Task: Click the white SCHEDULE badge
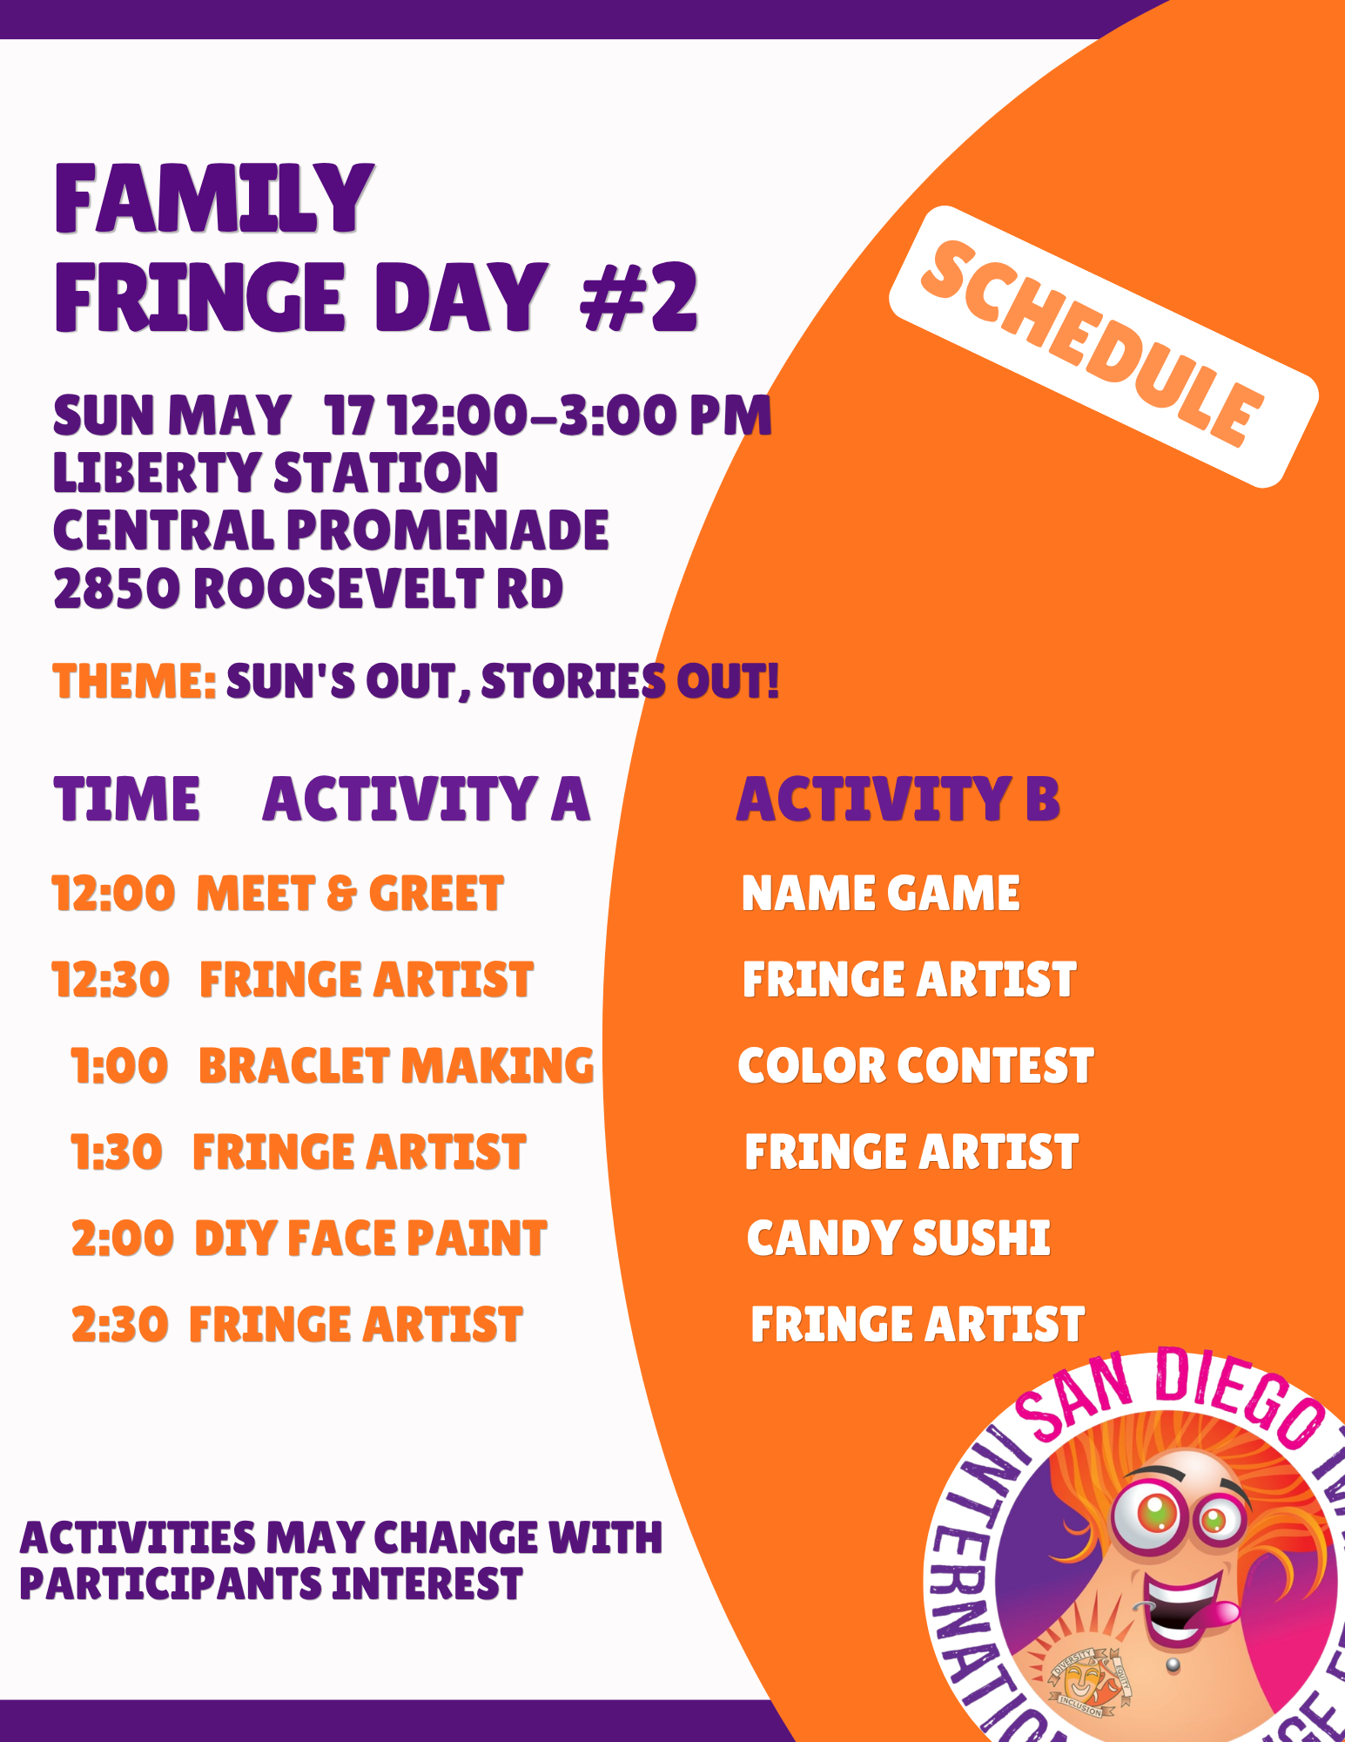click(1103, 346)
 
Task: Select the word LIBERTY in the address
click(158, 473)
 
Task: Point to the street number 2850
click(117, 589)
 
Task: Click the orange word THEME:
click(134, 680)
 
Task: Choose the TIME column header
click(127, 799)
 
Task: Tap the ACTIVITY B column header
click(898, 799)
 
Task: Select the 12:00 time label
click(113, 894)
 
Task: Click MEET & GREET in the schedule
click(350, 894)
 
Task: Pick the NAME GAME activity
click(880, 894)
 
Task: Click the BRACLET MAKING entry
click(397, 1066)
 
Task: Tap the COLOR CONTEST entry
click(916, 1066)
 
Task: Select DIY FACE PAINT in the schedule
click(371, 1239)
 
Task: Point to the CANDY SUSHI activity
click(898, 1239)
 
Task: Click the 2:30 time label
click(119, 1325)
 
